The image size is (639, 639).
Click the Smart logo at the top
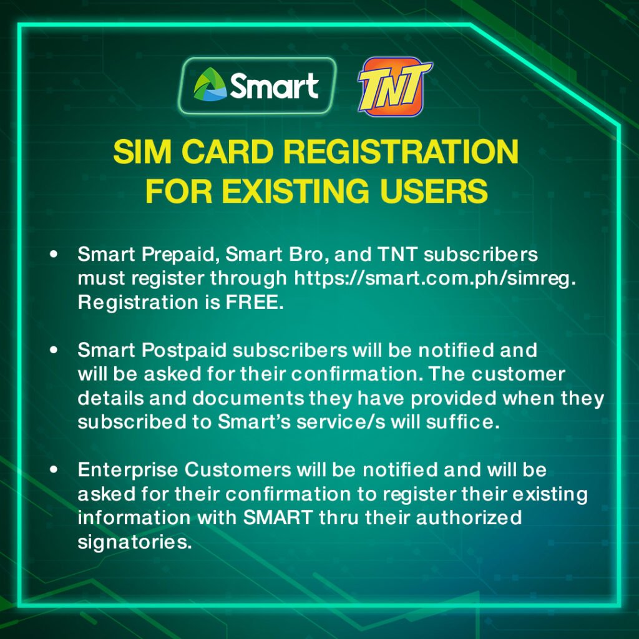pos(257,85)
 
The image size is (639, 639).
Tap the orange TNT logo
pos(394,86)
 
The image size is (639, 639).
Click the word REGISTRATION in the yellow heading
pos(401,152)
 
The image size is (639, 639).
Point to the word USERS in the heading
pos(434,191)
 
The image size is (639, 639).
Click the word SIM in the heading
pos(142,152)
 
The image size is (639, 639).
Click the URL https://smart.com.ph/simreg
pos(435,279)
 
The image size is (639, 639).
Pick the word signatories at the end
pos(135,542)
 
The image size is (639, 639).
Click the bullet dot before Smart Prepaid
pos(54,255)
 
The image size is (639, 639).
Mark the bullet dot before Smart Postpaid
pos(54,350)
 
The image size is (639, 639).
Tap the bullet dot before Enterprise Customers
pos(54,469)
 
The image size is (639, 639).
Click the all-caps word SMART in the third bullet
pos(278,517)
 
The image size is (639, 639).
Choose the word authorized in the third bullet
pos(469,517)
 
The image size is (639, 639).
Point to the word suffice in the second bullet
pos(462,422)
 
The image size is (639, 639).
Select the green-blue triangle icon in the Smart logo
pos(210,84)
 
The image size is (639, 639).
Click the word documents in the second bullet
pos(248,398)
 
